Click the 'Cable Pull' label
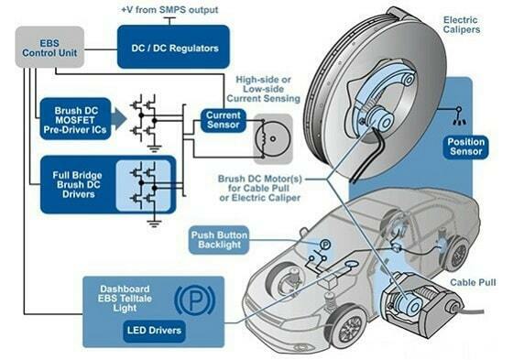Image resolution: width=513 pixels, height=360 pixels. tap(474, 283)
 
